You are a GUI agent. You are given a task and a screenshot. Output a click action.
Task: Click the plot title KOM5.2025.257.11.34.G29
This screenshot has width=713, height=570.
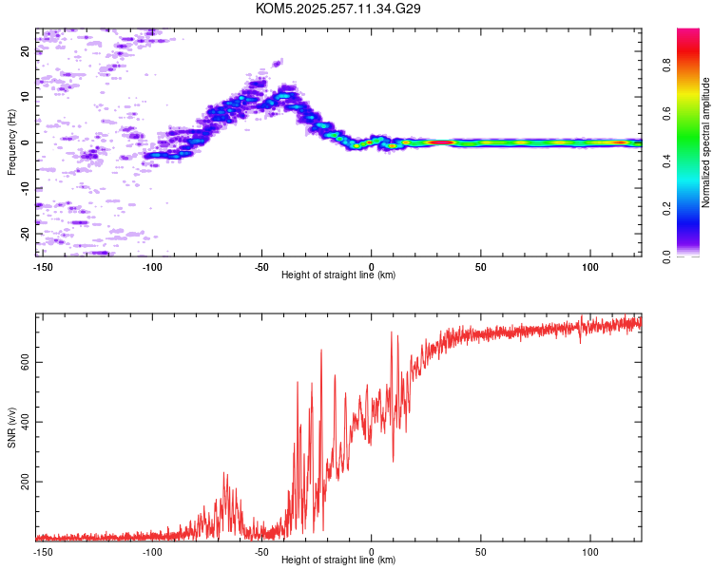tap(337, 9)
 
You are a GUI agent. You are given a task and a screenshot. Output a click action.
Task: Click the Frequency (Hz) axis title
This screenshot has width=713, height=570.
tap(11, 142)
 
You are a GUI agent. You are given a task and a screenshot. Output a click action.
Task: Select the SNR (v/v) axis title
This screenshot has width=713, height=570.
tap(11, 427)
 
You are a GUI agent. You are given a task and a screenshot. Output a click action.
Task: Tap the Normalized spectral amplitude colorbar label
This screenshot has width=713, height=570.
tap(705, 142)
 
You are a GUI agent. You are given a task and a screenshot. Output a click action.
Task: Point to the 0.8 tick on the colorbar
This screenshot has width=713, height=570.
tap(666, 65)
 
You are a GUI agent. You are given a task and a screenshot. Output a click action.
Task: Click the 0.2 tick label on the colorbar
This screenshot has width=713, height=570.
tap(666, 209)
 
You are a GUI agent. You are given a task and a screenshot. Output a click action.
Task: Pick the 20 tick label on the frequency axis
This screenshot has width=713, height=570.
tap(25, 51)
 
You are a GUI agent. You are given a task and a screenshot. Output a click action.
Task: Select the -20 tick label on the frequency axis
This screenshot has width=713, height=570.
tap(25, 234)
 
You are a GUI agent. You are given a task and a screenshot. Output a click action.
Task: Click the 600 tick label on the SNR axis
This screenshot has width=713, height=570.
tap(25, 362)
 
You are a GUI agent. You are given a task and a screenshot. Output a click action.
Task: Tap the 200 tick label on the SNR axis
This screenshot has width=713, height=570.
tap(25, 482)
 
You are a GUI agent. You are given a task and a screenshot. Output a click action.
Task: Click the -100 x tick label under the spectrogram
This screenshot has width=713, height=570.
tap(152, 267)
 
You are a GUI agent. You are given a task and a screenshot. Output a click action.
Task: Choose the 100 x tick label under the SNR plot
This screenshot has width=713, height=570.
tap(590, 552)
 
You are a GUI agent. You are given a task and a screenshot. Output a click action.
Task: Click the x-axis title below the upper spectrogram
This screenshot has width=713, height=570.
tap(338, 275)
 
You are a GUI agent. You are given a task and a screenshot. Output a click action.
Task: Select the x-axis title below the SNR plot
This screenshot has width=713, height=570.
tap(338, 560)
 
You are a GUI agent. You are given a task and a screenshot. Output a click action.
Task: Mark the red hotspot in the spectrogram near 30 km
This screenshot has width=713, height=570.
tap(440, 142)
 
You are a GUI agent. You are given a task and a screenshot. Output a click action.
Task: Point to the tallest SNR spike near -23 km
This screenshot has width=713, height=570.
tap(321, 350)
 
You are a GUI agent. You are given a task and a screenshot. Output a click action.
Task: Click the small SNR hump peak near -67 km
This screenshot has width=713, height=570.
tap(223, 473)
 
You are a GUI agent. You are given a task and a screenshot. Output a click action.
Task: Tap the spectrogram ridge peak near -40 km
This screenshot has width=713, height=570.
tap(284, 96)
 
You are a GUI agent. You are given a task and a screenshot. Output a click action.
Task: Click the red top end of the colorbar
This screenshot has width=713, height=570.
tap(688, 30)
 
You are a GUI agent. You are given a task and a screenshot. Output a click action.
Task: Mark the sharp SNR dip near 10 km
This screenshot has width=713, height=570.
tap(393, 462)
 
